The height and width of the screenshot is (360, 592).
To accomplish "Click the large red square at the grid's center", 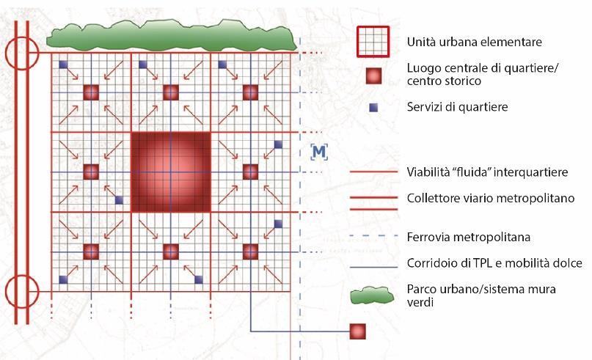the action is tap(170, 172).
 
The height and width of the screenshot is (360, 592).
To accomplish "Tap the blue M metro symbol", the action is tap(318, 152).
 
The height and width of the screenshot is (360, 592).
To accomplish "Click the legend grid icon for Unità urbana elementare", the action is tap(373, 42).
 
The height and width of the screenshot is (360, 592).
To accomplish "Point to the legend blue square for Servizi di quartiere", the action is tap(374, 108).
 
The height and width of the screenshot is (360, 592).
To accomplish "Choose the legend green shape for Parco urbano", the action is tap(373, 295).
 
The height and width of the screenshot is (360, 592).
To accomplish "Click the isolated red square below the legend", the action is tap(357, 331).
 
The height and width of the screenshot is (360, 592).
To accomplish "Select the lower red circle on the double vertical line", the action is tap(21, 291).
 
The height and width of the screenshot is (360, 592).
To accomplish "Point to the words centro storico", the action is tap(445, 81).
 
